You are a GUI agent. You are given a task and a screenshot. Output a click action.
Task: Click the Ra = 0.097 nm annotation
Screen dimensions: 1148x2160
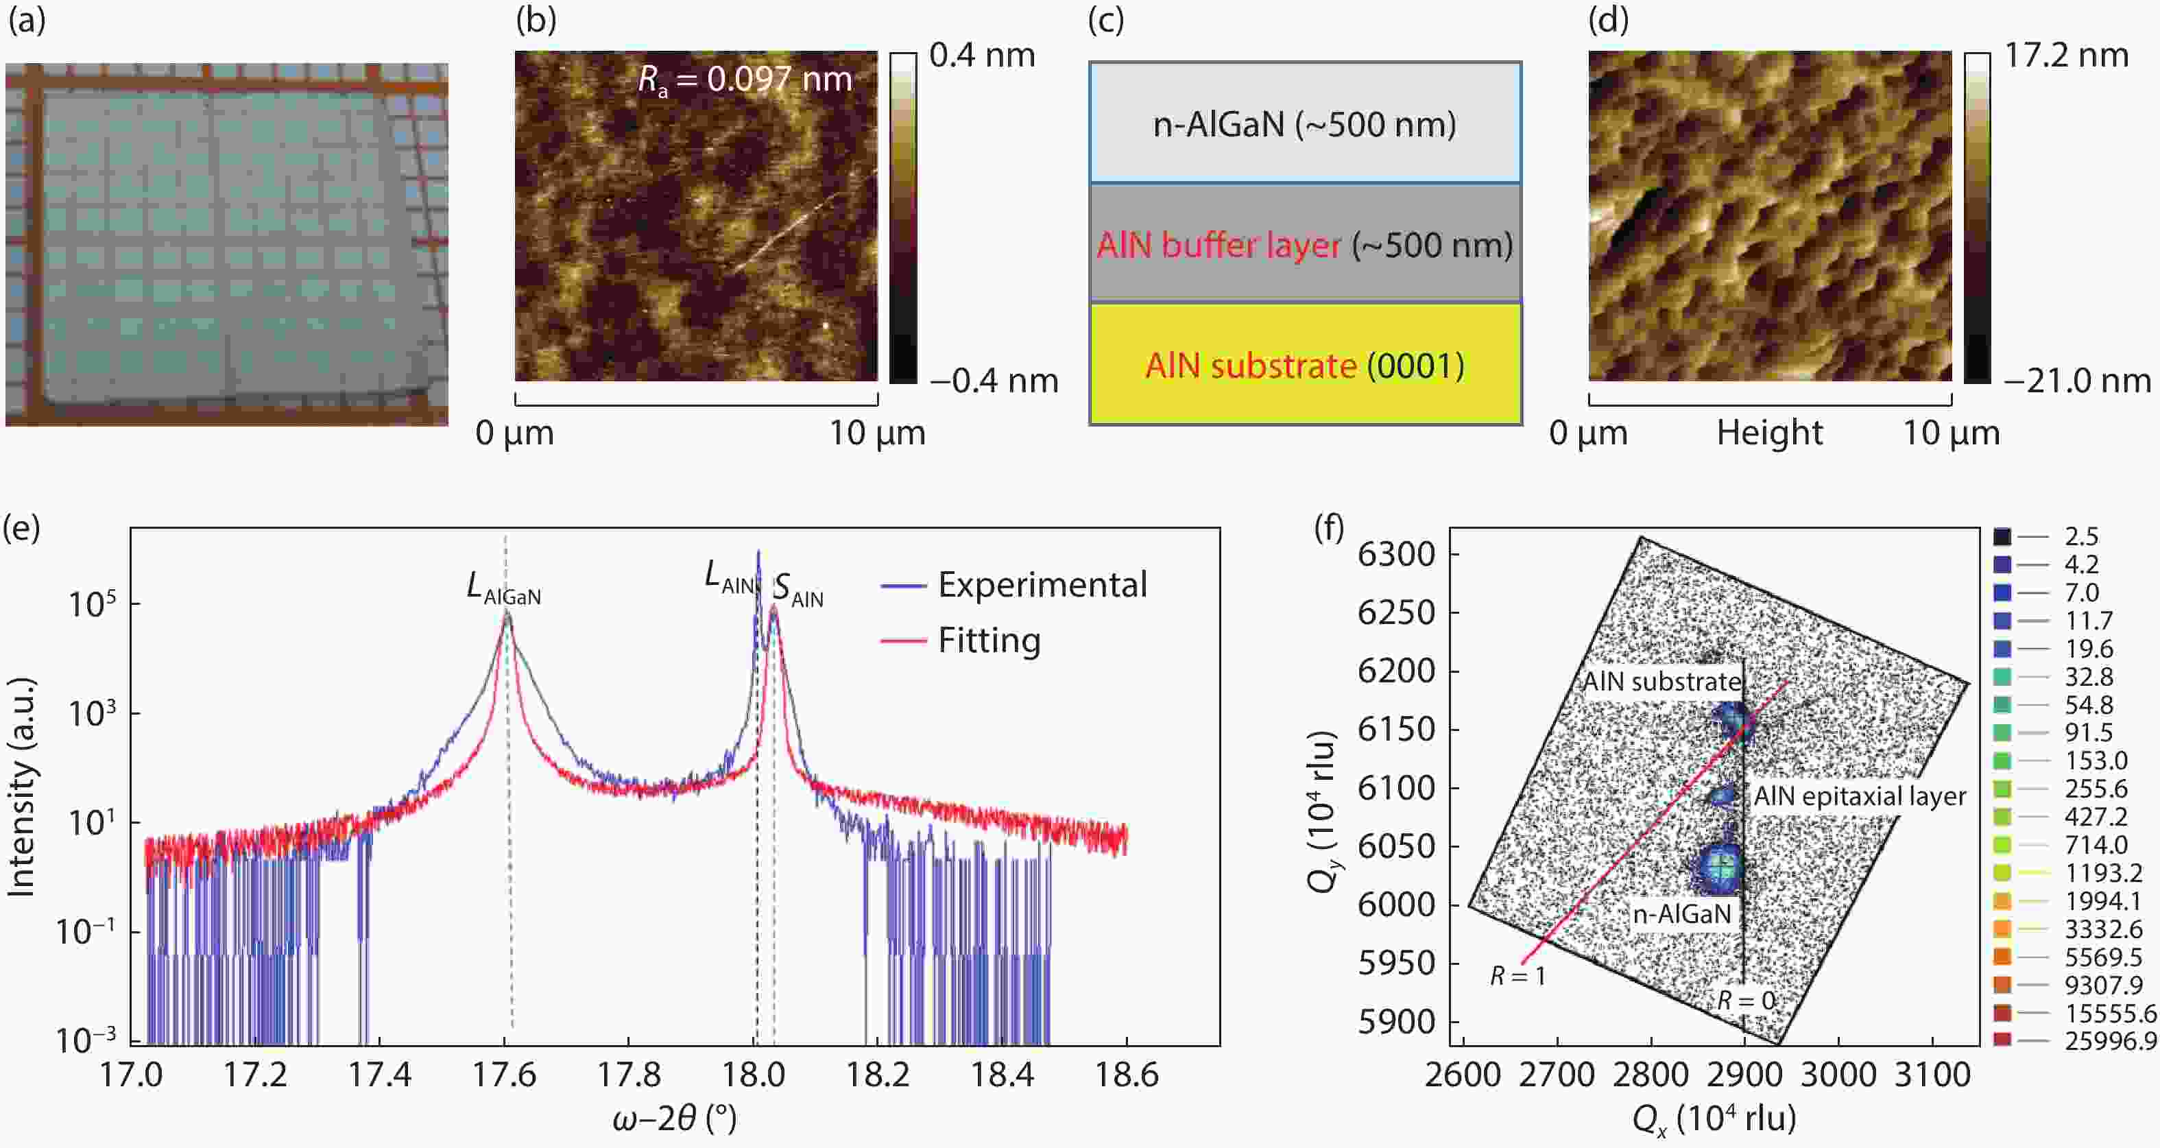[x=744, y=80]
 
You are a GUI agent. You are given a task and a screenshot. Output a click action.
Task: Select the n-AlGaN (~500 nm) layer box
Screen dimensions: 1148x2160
[x=1305, y=124]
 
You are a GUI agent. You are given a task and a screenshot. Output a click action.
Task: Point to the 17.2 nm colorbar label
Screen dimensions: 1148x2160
[x=2066, y=56]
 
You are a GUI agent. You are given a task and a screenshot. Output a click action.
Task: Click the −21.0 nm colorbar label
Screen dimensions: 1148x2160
[x=2077, y=381]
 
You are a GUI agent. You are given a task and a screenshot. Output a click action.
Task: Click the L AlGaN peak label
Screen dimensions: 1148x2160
[x=503, y=588]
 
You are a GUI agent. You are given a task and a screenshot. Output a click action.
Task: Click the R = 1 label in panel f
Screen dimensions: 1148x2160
[x=1517, y=976]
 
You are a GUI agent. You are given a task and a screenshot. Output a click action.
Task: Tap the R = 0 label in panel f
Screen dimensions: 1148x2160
[x=1746, y=1001]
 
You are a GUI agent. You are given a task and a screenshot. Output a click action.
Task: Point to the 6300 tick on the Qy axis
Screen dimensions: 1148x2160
[x=1396, y=554]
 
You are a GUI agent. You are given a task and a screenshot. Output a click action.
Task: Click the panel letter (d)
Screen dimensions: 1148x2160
[x=1607, y=20]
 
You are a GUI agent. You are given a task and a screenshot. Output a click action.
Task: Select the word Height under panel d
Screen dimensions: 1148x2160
[x=1769, y=433]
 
